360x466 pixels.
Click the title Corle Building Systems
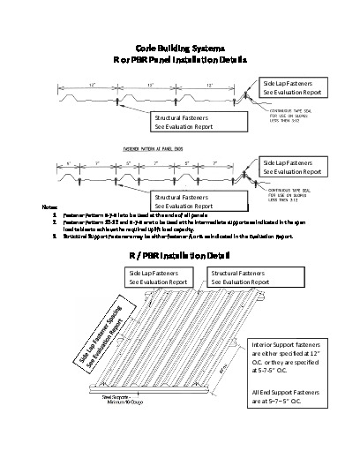pyautogui.click(x=179, y=44)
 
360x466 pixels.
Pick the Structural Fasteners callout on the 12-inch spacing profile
pyautogui.click(x=189, y=121)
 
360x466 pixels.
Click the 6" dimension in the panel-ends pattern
pyautogui.click(x=68, y=163)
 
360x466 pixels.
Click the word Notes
pyautogui.click(x=49, y=207)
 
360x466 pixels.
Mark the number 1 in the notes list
pyautogui.click(x=56, y=214)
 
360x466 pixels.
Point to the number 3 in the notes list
pyautogui.click(x=56, y=237)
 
